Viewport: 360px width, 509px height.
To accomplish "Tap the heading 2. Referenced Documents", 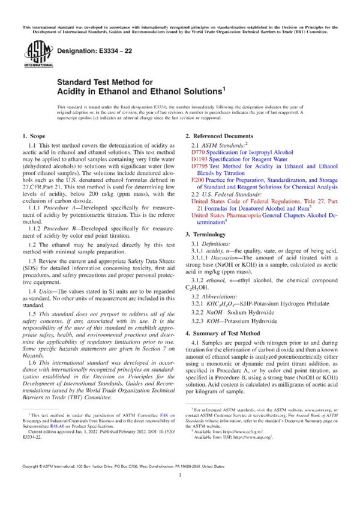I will pos(219,137).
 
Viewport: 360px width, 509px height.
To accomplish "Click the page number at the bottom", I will pos(180,490).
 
